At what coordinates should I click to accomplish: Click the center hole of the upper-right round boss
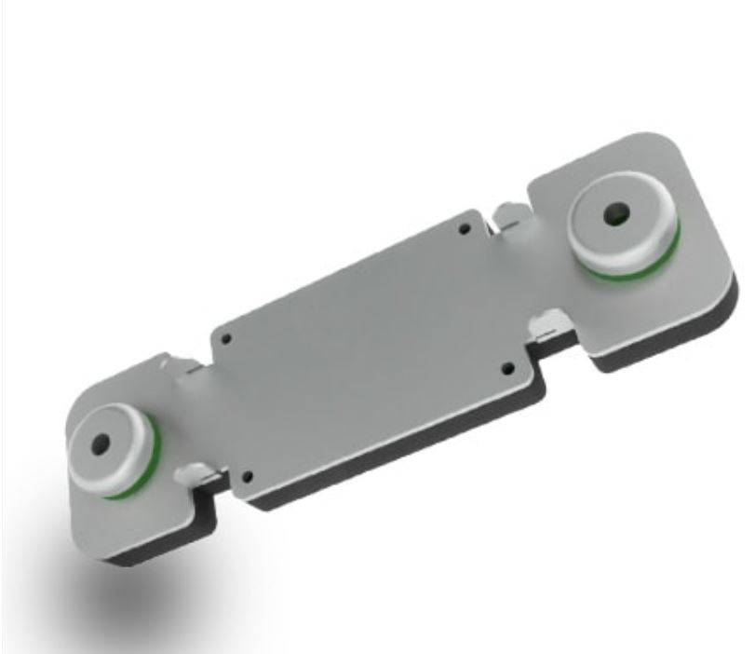[x=614, y=214]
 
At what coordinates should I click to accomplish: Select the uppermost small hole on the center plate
[x=465, y=226]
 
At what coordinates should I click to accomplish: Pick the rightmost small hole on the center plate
[x=507, y=368]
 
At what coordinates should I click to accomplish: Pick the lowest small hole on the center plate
[x=247, y=478]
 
